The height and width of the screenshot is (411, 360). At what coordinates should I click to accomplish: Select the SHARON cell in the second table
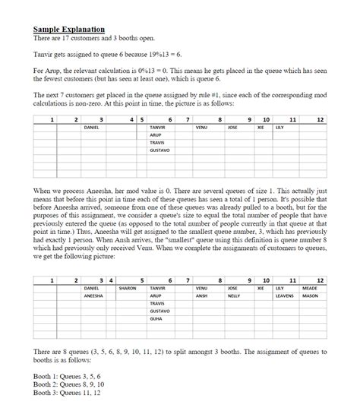(x=127, y=289)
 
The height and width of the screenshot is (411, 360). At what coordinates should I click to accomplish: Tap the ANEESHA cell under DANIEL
(x=93, y=296)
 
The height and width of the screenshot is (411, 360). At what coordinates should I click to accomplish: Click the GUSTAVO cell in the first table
(x=160, y=150)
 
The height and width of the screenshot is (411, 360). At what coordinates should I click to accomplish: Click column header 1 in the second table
(x=52, y=280)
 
